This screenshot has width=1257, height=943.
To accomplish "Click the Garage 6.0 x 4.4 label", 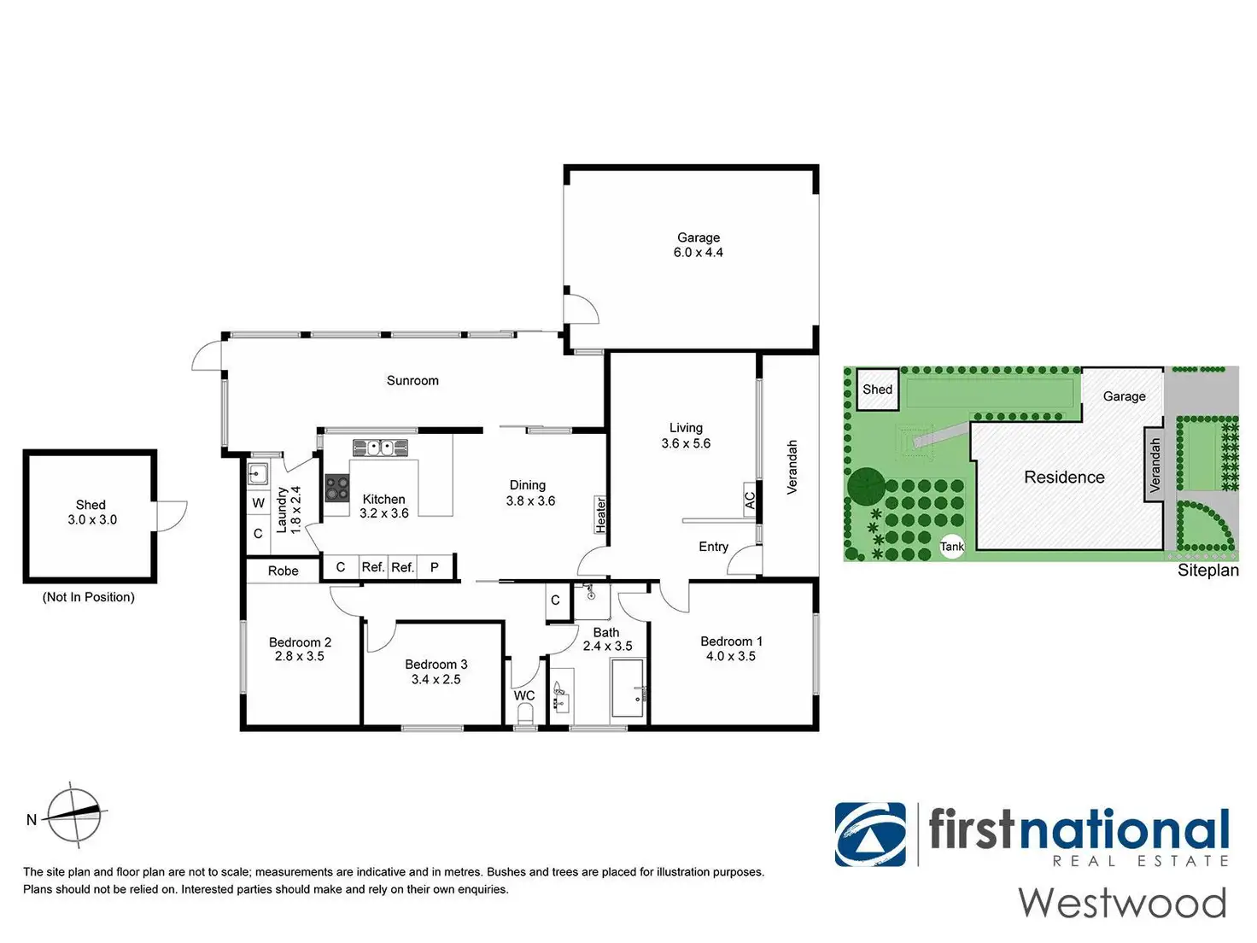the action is pyautogui.click(x=698, y=244).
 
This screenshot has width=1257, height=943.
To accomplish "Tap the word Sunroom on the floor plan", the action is pyautogui.click(x=412, y=380).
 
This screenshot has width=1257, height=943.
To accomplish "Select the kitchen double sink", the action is pyautogui.click(x=380, y=448).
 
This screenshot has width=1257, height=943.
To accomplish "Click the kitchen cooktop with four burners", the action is pyautogui.click(x=336, y=488).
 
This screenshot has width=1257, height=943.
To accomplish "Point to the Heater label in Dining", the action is pyautogui.click(x=600, y=515).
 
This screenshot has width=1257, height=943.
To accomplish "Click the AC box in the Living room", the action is pyautogui.click(x=750, y=501).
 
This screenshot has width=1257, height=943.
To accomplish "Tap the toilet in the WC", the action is pyautogui.click(x=524, y=713).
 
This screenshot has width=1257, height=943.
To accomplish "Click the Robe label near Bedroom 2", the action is pyautogui.click(x=283, y=571).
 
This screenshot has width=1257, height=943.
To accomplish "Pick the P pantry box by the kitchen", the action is pyautogui.click(x=436, y=567).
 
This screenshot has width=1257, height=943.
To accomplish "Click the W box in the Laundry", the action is pyautogui.click(x=258, y=503).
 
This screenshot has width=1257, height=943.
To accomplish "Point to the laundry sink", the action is pyautogui.click(x=258, y=474).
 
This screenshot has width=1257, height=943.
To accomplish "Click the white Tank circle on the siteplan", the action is pyautogui.click(x=952, y=546).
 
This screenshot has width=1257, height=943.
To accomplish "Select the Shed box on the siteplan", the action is pyautogui.click(x=877, y=389).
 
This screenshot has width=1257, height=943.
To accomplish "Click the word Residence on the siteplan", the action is pyautogui.click(x=1064, y=477).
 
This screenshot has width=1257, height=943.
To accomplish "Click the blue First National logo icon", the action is pyautogui.click(x=870, y=835).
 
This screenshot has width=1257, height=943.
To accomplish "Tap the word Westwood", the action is pyautogui.click(x=1122, y=904).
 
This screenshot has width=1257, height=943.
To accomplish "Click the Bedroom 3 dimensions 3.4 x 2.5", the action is pyautogui.click(x=436, y=679).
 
